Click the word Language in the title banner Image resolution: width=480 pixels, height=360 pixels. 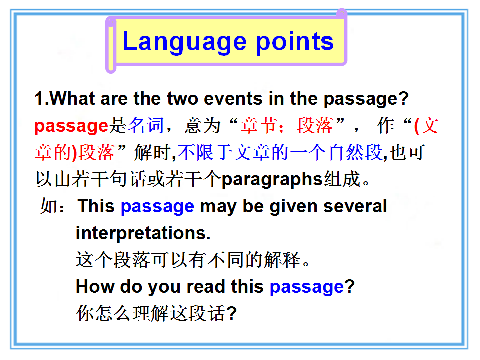(x=184, y=42)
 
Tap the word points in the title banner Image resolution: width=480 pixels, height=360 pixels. (x=294, y=42)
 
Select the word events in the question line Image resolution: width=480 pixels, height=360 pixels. (x=233, y=99)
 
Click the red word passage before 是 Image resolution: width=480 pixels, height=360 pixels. (x=71, y=126)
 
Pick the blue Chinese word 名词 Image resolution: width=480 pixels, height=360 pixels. (x=146, y=125)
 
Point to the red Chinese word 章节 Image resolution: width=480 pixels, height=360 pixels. (x=259, y=125)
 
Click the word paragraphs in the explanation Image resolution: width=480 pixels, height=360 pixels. (x=272, y=180)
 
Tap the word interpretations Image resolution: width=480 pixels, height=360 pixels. (x=143, y=233)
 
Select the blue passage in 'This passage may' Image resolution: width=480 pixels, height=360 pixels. (x=157, y=207)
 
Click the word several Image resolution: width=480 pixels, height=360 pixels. (x=355, y=206)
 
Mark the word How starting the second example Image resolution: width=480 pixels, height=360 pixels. (x=95, y=287)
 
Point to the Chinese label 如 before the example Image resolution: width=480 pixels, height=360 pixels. (x=48, y=206)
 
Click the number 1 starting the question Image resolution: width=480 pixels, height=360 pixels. (x=39, y=99)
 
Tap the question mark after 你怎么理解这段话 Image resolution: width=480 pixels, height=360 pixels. (x=231, y=313)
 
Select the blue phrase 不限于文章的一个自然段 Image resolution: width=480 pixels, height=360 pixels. (x=280, y=153)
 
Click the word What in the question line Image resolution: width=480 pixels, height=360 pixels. (x=72, y=99)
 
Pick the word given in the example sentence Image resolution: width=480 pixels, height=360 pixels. (x=293, y=207)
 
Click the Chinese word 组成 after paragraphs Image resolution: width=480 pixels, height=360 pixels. (x=342, y=179)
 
